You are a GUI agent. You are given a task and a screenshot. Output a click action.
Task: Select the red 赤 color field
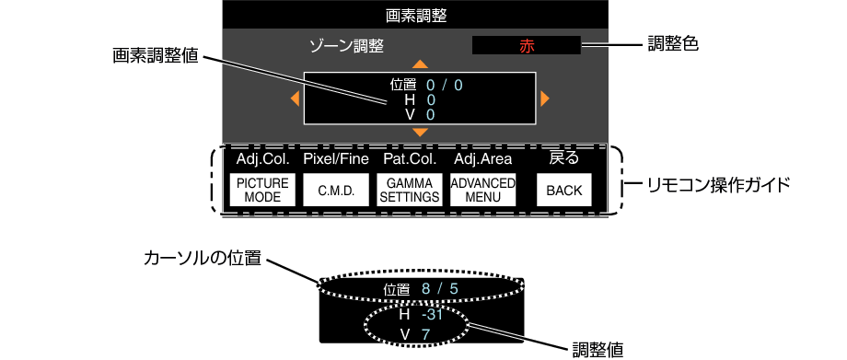[526, 45]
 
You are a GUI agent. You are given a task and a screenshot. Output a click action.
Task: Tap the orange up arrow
[421, 64]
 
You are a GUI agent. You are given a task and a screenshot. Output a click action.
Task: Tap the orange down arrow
[421, 133]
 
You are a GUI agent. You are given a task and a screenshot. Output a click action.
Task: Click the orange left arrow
[295, 98]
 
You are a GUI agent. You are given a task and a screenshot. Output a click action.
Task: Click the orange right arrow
[546, 98]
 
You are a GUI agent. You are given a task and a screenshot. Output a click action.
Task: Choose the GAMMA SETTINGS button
[410, 191]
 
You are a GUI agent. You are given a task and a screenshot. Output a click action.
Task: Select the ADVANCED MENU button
[483, 190]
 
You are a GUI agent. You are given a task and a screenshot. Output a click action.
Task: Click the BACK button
[563, 191]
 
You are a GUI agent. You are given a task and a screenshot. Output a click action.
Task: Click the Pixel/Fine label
[336, 159]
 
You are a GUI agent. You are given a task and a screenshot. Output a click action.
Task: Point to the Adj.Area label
[482, 159]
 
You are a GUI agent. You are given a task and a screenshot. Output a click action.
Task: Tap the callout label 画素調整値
[154, 54]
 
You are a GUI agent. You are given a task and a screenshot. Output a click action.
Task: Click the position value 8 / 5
[439, 290]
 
